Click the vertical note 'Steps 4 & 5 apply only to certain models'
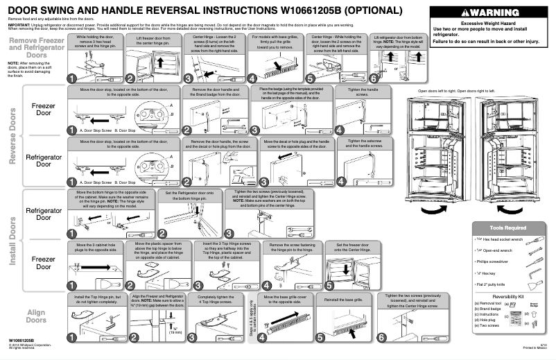250,320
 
